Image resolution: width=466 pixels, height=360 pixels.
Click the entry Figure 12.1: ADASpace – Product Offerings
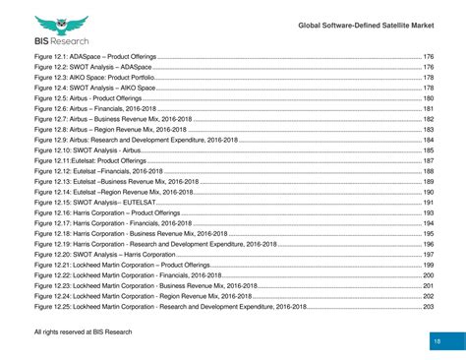(93, 56)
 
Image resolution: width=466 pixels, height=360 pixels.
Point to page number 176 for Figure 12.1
(428, 56)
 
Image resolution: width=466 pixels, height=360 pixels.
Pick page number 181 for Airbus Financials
(428, 109)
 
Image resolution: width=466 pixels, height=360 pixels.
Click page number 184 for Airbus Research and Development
(428, 140)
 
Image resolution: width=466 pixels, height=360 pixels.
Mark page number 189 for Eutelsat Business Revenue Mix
(428, 182)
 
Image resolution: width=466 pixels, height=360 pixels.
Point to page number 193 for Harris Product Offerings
(428, 212)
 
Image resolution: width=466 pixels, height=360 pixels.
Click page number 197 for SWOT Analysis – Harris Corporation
(428, 255)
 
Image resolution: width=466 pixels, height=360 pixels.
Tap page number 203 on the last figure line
(428, 307)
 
